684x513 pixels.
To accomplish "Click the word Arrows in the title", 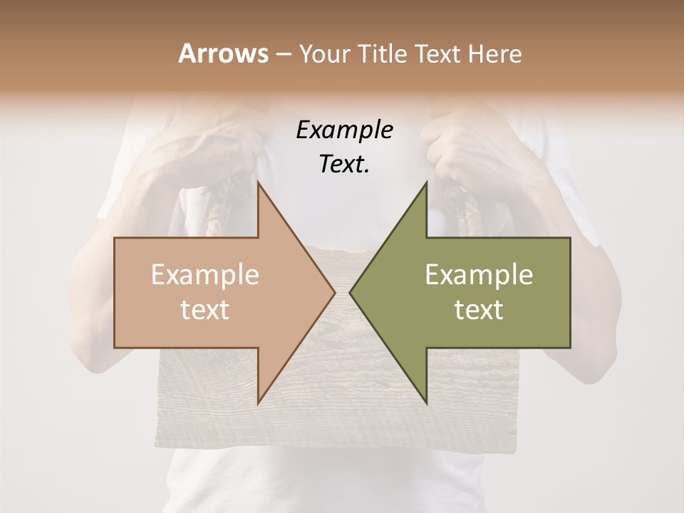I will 223,53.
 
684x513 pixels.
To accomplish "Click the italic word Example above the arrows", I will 344,130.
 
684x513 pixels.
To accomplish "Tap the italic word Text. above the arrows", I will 344,164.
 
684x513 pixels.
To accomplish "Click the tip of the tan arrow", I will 334,292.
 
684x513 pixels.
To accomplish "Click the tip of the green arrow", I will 350,292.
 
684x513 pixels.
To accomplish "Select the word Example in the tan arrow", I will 205,275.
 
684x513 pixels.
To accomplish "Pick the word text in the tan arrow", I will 205,309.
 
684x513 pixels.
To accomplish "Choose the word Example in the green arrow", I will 479,275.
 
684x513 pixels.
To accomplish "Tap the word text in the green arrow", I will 479,309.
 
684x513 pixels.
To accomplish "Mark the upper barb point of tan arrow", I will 258,182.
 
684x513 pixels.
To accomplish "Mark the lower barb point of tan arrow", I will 258,403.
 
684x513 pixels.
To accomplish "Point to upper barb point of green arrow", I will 426,182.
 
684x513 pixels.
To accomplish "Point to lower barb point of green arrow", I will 426,403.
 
